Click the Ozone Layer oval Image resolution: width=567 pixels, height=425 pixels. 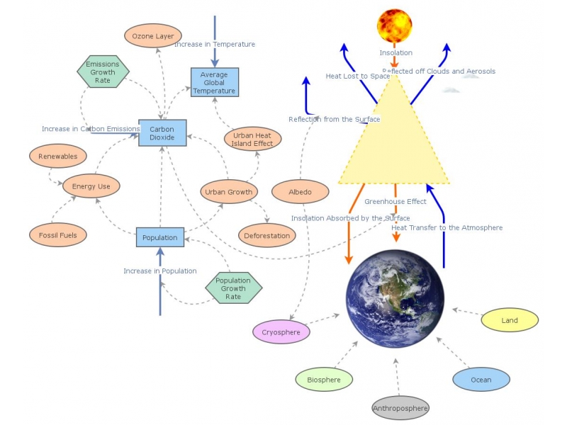[153, 35]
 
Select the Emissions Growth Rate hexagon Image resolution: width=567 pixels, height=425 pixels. [103, 72]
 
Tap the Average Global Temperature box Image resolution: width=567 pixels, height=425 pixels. [215, 82]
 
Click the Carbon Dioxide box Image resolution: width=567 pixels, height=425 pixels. [162, 132]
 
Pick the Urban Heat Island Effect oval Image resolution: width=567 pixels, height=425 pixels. [253, 139]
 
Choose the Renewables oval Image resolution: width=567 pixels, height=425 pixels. [58, 156]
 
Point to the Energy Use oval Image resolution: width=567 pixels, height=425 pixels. [91, 186]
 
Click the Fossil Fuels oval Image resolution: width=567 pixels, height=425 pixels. [58, 234]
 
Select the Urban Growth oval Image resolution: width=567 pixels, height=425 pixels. [229, 191]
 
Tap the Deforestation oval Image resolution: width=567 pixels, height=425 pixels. [267, 235]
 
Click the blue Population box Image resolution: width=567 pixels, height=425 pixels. [160, 237]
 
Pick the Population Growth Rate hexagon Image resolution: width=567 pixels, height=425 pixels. [233, 288]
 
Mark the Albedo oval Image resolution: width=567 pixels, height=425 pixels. [300, 191]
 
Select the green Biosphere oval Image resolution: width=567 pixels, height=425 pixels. [324, 380]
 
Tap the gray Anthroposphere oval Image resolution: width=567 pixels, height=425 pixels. [401, 408]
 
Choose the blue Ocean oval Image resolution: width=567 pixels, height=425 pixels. [481, 380]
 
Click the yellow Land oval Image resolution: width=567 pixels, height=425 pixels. [510, 320]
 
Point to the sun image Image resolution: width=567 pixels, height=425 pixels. [395, 26]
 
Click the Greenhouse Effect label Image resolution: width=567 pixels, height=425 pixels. [395, 201]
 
